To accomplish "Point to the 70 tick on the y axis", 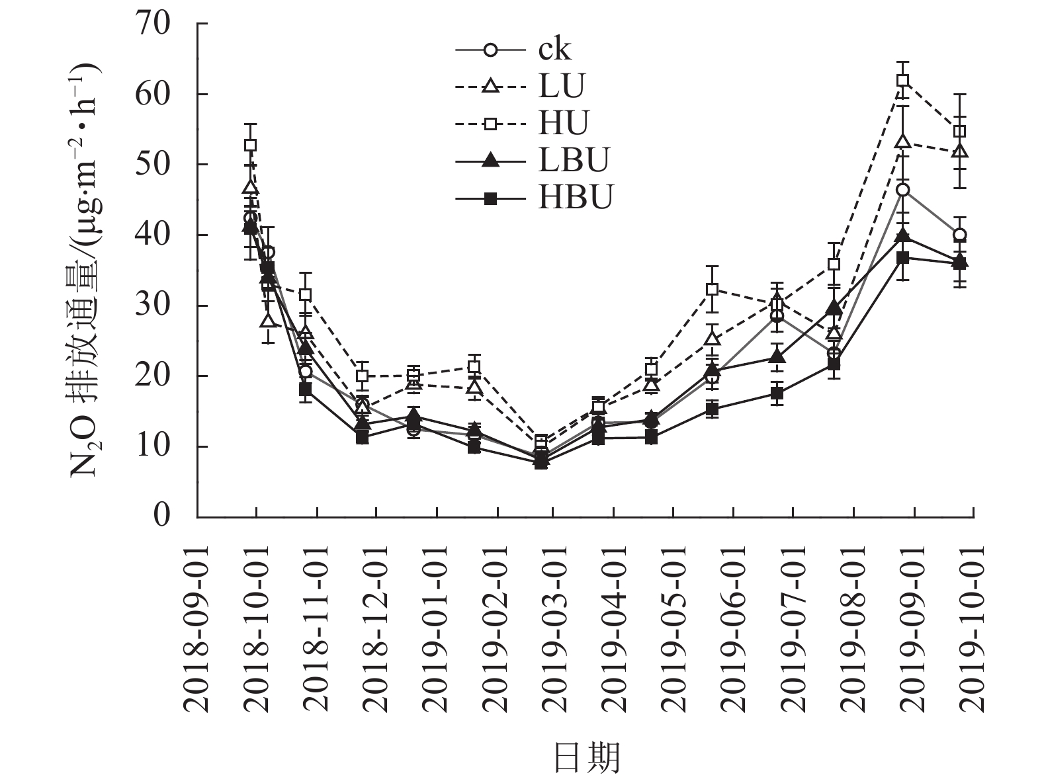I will [x=153, y=24].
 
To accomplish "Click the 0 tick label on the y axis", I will [x=162, y=516].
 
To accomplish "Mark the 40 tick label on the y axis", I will [x=153, y=235].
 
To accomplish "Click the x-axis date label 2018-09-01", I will [x=197, y=628].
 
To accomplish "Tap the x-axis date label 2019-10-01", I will [x=973, y=628].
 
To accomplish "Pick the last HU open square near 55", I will [x=960, y=131].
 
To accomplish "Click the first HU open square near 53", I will [x=250, y=145].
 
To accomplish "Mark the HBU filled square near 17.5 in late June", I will [x=777, y=393].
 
